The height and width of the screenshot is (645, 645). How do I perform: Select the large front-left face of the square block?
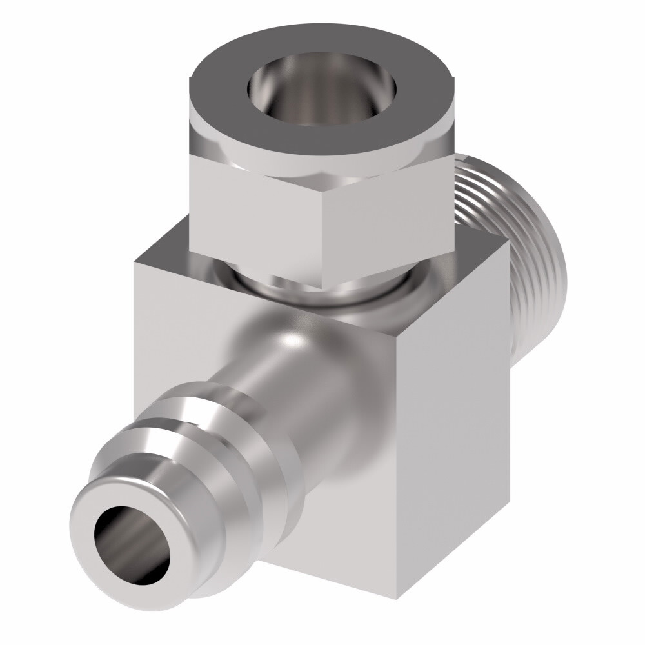pyautogui.click(x=193, y=310)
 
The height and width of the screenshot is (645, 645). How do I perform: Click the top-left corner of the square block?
pyautogui.click(x=137, y=261)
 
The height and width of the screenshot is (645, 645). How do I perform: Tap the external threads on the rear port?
pyautogui.click(x=490, y=213)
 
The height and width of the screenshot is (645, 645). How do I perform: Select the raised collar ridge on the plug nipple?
pyautogui.click(x=193, y=413)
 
